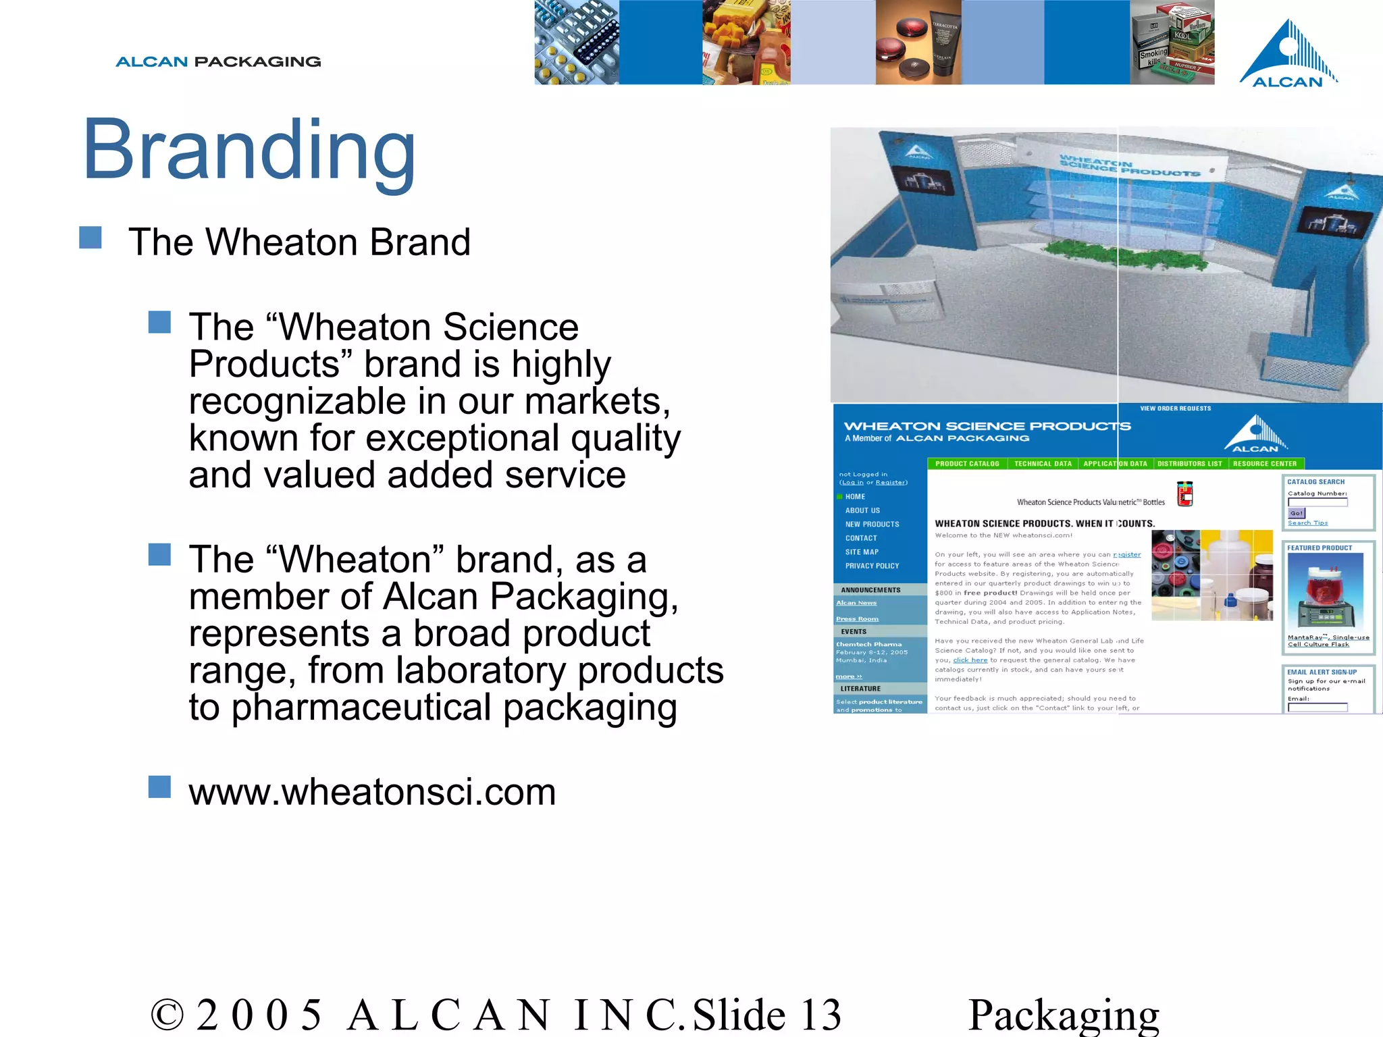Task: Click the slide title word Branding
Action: click(x=249, y=150)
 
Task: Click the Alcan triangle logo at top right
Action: click(x=1288, y=54)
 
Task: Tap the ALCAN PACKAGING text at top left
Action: click(x=218, y=62)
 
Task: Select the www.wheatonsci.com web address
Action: click(x=372, y=792)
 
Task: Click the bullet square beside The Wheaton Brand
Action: click(x=90, y=238)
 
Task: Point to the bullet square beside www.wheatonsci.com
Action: click(x=159, y=787)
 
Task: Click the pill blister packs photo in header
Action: click(x=576, y=42)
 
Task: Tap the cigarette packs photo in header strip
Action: click(x=1172, y=42)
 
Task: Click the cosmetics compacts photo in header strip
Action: click(x=918, y=42)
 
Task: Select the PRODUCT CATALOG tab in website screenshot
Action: click(x=967, y=464)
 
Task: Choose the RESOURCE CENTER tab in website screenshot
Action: click(x=1265, y=464)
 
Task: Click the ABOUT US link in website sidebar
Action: click(x=862, y=510)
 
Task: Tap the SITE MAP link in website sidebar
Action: click(x=862, y=552)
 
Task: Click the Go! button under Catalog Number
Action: click(x=1296, y=513)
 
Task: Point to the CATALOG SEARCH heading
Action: click(x=1315, y=482)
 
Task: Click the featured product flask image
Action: click(x=1325, y=591)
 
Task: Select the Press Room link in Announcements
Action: click(x=857, y=618)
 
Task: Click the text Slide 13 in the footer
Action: click(x=767, y=1015)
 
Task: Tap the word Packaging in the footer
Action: click(x=1064, y=1015)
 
